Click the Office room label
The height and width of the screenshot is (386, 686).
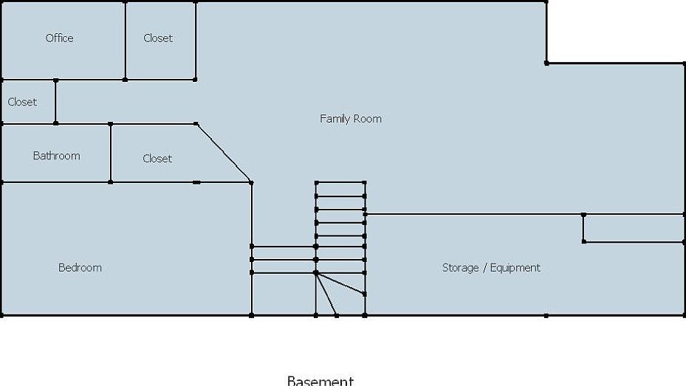(59, 38)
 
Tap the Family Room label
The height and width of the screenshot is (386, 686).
(351, 119)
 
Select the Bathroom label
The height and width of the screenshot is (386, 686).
(56, 156)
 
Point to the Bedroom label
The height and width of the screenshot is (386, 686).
(80, 267)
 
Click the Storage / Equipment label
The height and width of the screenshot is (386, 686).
(491, 268)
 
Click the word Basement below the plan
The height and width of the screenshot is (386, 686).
(320, 381)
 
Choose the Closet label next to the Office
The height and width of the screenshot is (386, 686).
(158, 38)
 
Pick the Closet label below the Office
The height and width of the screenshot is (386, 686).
(22, 102)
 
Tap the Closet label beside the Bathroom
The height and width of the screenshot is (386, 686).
(157, 159)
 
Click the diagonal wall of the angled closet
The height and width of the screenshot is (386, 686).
(224, 153)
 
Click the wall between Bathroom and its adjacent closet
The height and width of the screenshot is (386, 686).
(111, 153)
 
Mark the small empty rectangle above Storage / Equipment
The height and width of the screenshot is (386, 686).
(634, 228)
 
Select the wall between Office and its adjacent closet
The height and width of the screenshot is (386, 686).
(125, 41)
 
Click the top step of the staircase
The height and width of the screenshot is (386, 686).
(340, 189)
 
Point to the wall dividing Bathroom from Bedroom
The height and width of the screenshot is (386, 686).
(55, 182)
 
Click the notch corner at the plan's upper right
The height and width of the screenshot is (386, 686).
(546, 63)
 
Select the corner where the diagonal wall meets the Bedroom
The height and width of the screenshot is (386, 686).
(252, 182)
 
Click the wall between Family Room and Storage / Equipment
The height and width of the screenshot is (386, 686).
(473, 215)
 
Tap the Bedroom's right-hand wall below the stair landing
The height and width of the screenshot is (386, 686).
(252, 295)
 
